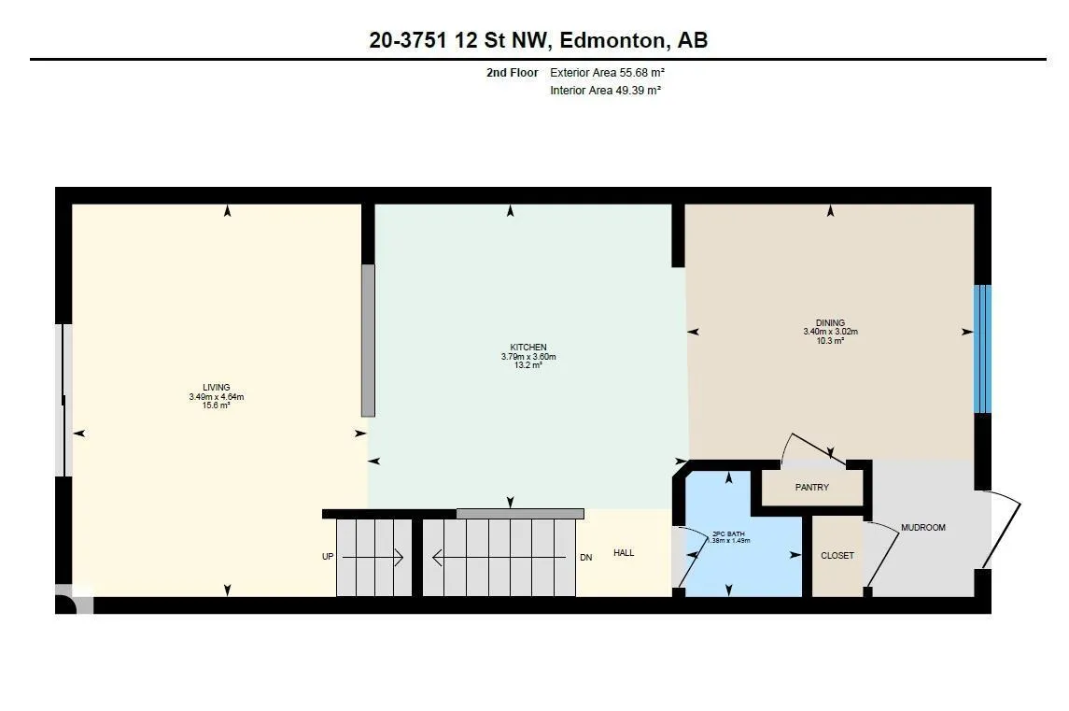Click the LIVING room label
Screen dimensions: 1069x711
pyautogui.click(x=216, y=387)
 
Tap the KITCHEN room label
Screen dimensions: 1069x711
pyautogui.click(x=528, y=348)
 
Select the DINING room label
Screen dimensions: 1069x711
pyautogui.click(x=830, y=322)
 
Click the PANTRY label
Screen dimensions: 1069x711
pyautogui.click(x=812, y=487)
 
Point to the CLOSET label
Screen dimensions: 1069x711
pyautogui.click(x=837, y=555)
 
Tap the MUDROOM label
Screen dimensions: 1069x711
pyautogui.click(x=923, y=528)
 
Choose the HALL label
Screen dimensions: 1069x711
pyautogui.click(x=624, y=553)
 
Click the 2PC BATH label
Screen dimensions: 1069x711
pyautogui.click(x=728, y=533)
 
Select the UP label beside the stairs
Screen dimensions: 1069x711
pyautogui.click(x=328, y=557)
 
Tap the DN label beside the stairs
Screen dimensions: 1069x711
pyautogui.click(x=585, y=558)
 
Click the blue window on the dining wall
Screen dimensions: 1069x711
pyautogui.click(x=982, y=348)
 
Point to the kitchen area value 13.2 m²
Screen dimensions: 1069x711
pyautogui.click(x=528, y=365)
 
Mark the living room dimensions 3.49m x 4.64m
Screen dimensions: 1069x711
pyautogui.click(x=216, y=396)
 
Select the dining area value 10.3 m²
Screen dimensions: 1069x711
pyautogui.click(x=830, y=340)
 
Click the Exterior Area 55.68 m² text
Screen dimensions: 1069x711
pyautogui.click(x=607, y=72)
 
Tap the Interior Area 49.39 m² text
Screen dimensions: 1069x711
pyautogui.click(x=605, y=90)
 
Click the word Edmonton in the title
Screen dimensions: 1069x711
pyautogui.click(x=612, y=40)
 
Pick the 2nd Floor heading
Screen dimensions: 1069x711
pyautogui.click(x=512, y=72)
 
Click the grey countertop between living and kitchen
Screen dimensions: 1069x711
pyautogui.click(x=368, y=340)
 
